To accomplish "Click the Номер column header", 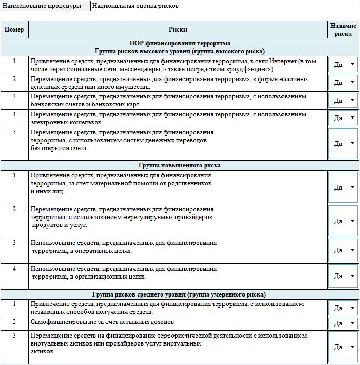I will [x=14, y=29].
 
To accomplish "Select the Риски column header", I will [x=178, y=29].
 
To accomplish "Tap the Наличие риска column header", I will [x=343, y=29].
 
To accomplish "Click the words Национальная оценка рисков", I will [x=135, y=6].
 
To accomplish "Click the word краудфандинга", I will [x=250, y=69].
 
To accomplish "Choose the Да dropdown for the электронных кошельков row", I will [x=343, y=118].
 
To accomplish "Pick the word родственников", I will [x=190, y=183].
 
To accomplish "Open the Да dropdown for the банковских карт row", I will [x=343, y=100].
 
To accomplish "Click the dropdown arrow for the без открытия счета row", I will [x=352, y=144].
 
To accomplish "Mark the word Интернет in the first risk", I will [x=281, y=61].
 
